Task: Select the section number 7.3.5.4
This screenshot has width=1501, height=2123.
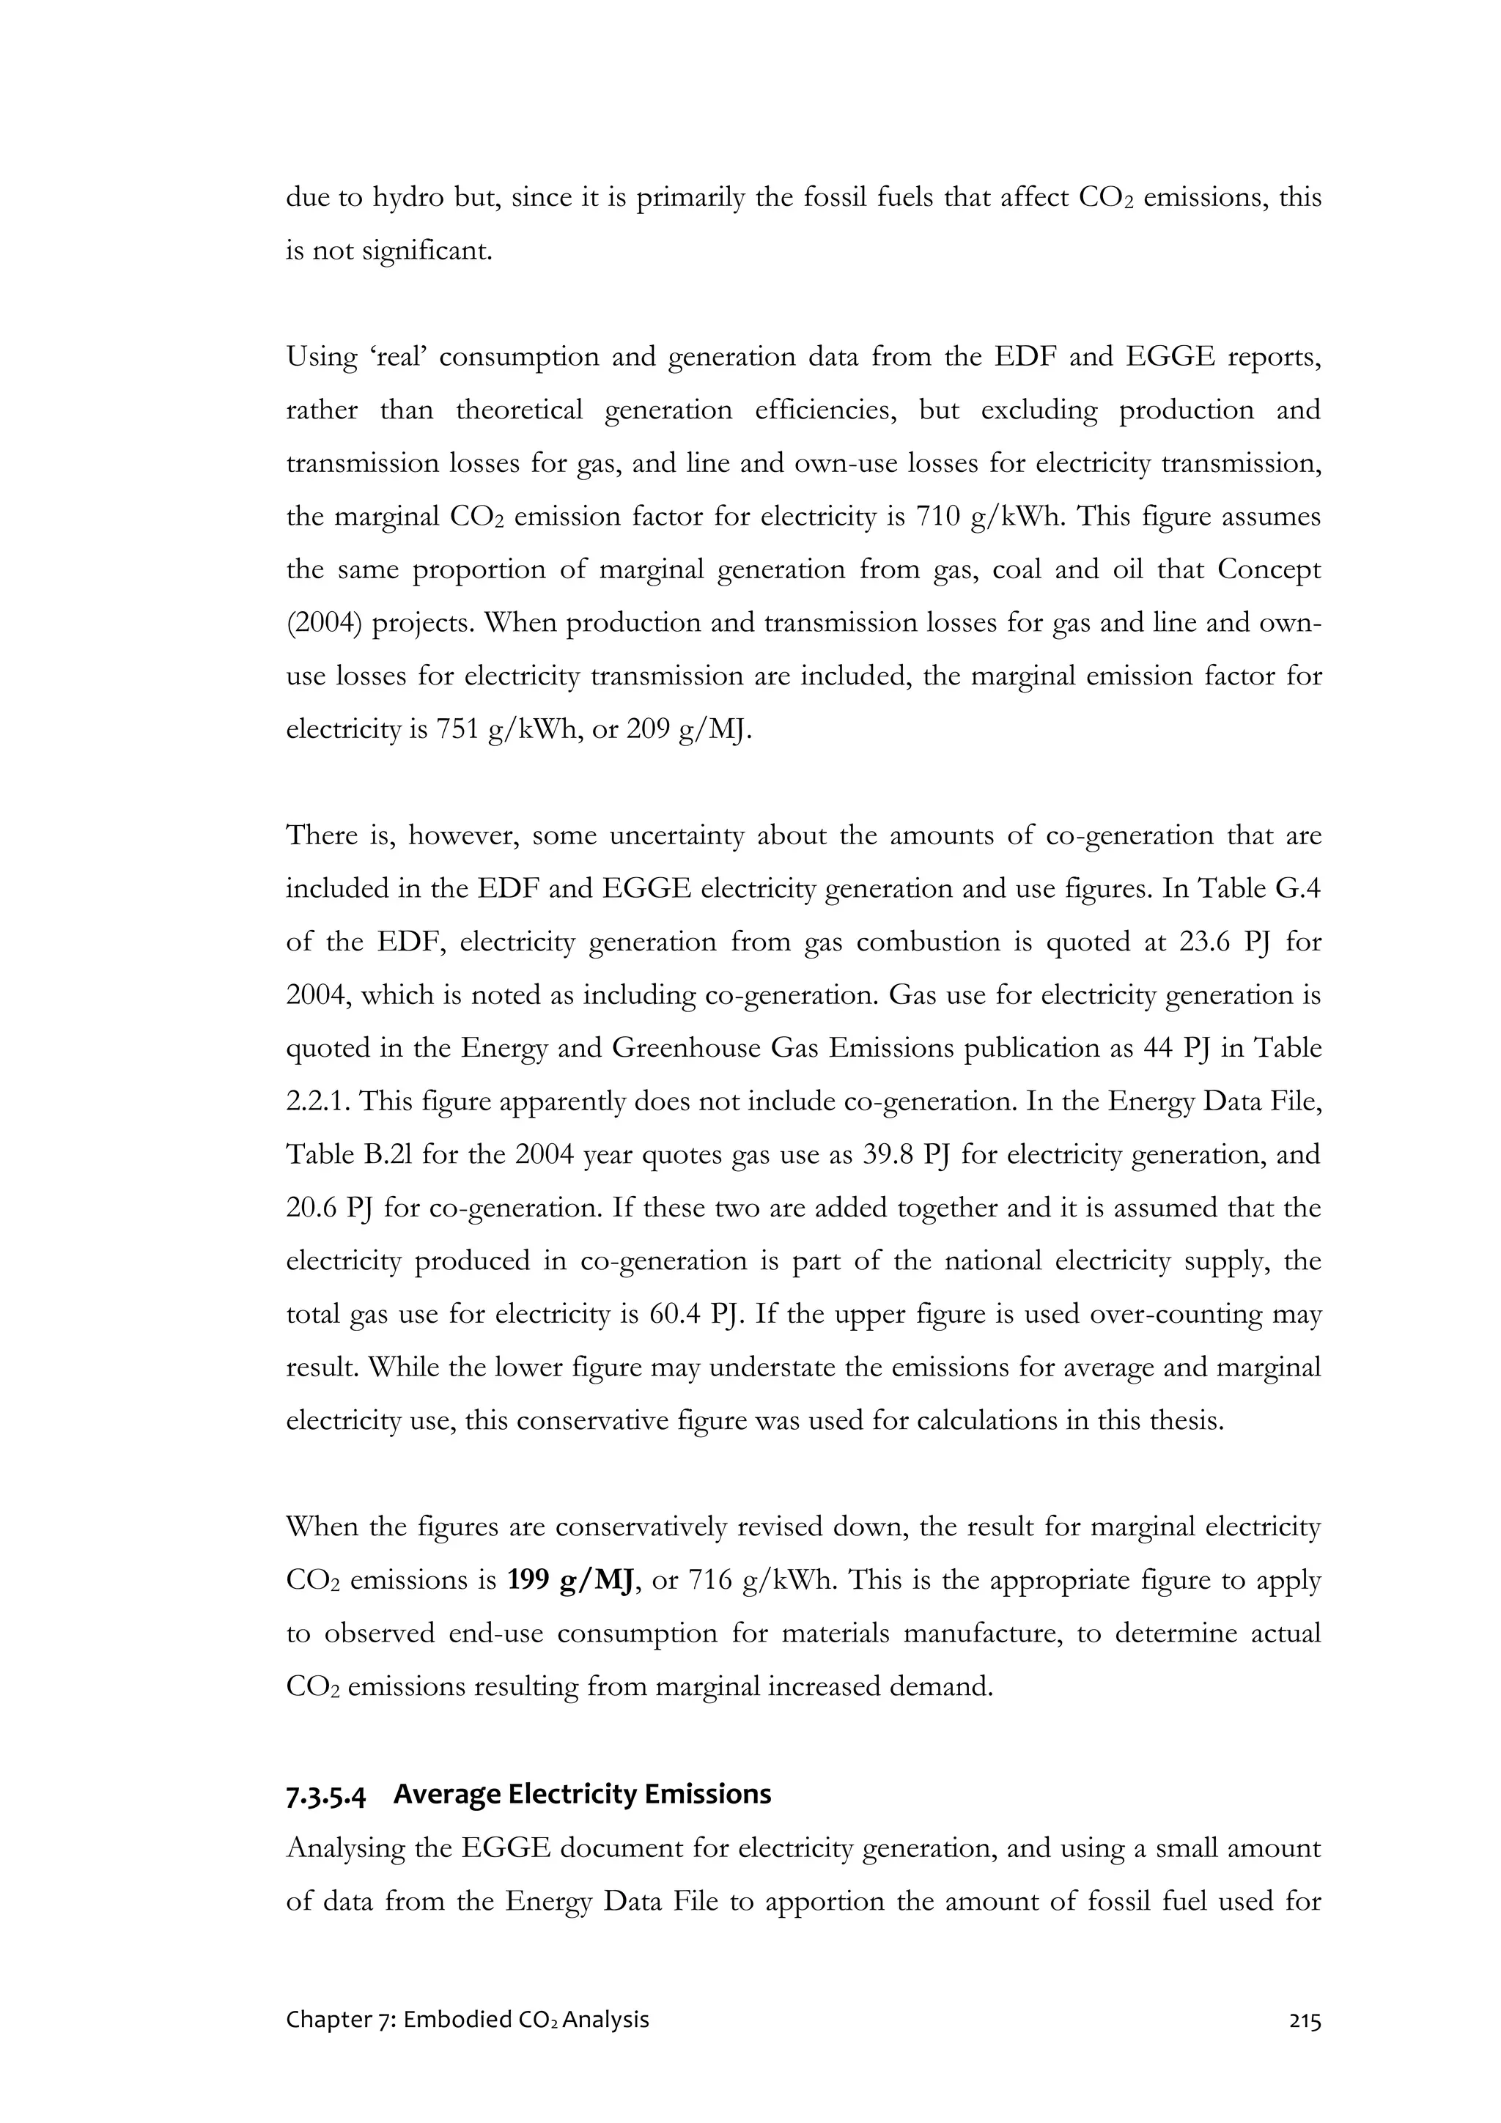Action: pos(325,1795)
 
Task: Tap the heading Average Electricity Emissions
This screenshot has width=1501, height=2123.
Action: pos(582,1795)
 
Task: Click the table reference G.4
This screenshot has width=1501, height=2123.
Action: pos(1299,889)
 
